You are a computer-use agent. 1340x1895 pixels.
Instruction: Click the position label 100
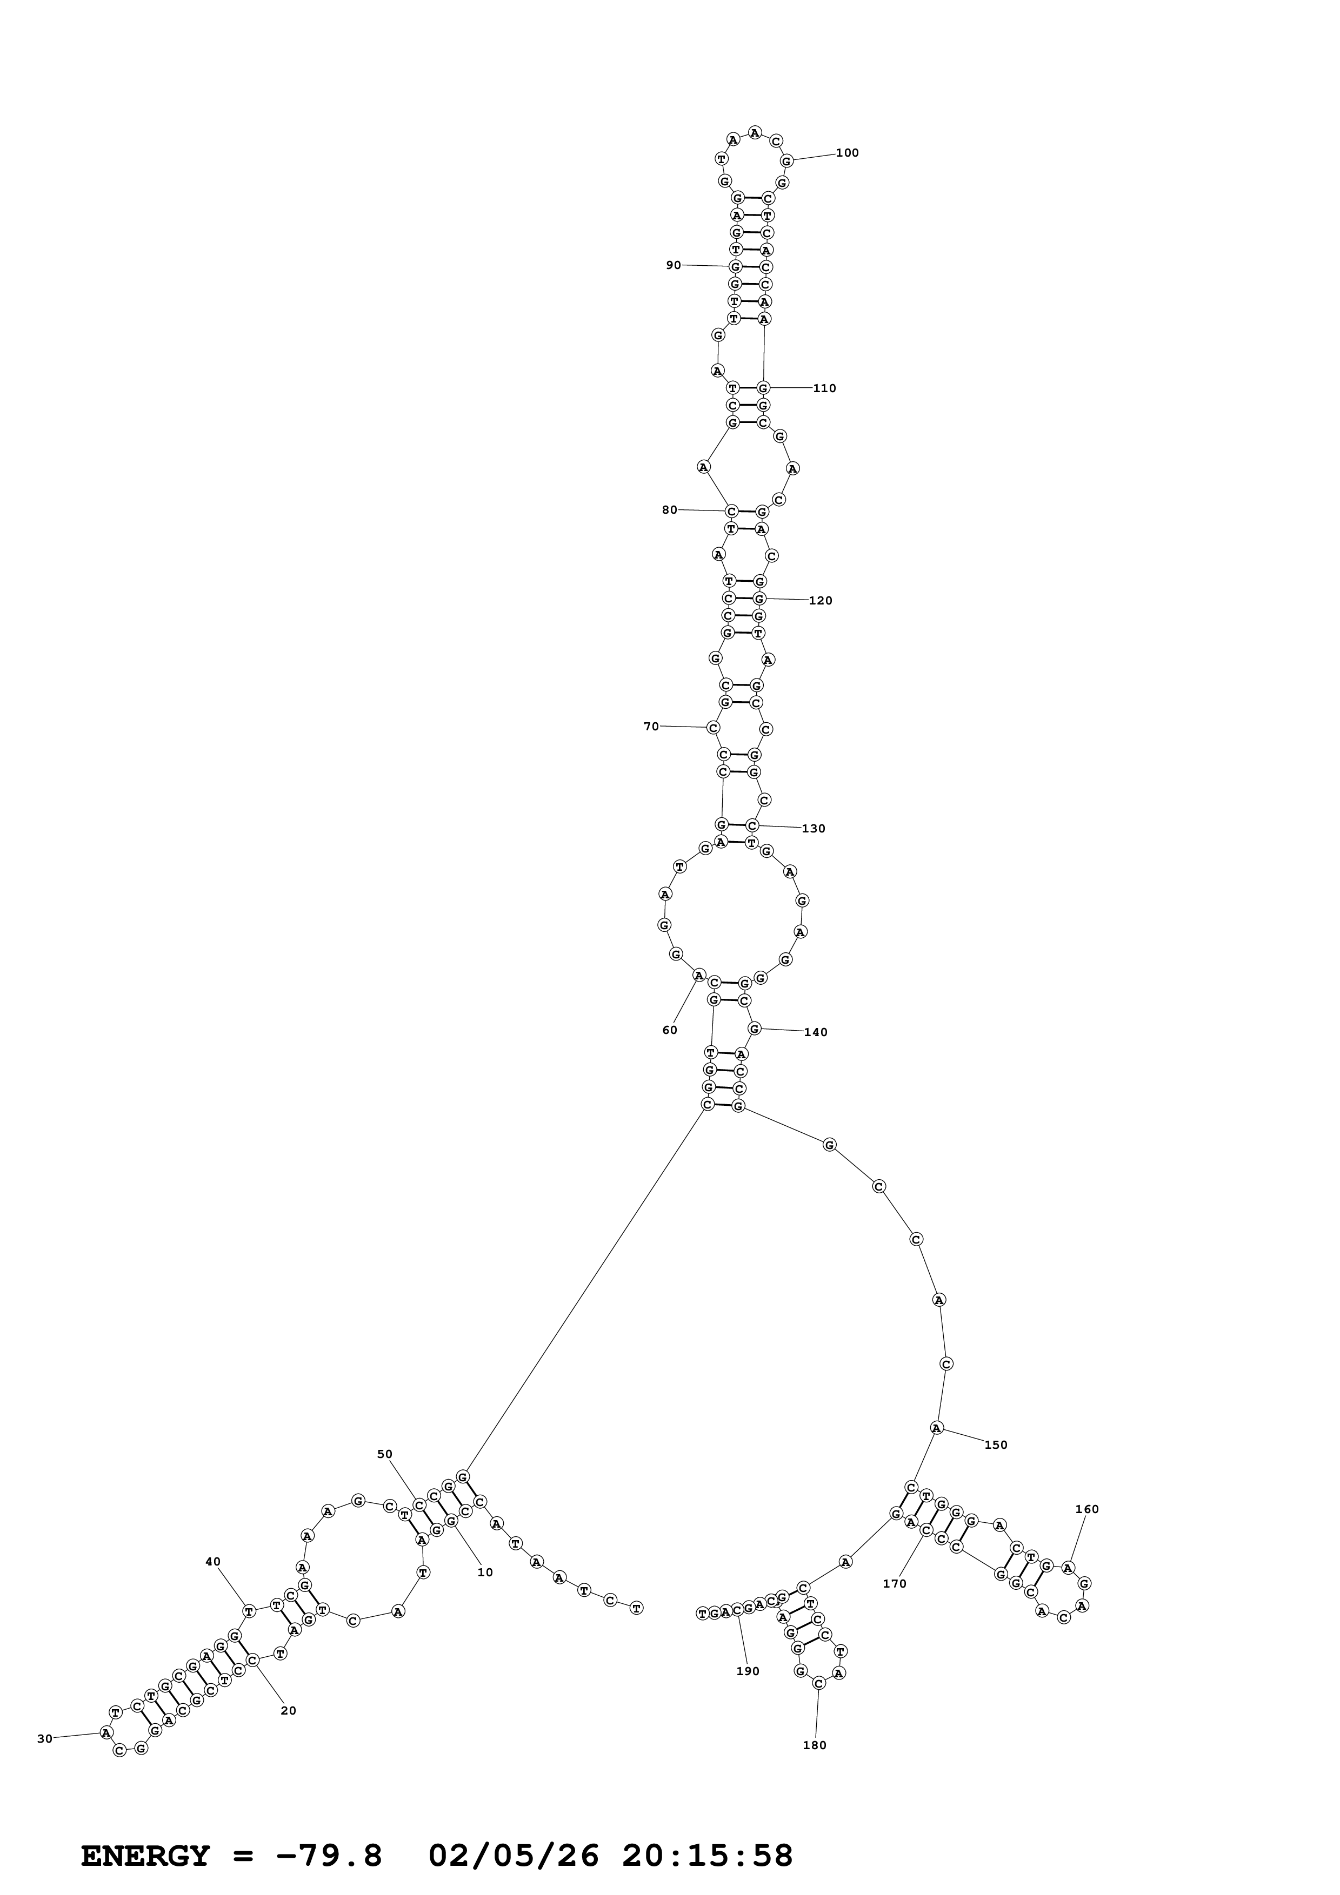pyautogui.click(x=847, y=153)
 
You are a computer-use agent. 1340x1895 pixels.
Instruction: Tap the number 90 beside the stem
pyautogui.click(x=674, y=265)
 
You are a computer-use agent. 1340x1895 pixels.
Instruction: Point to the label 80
pyautogui.click(x=670, y=509)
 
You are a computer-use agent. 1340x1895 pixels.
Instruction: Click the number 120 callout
pyautogui.click(x=820, y=600)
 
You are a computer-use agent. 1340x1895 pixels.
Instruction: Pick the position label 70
pyautogui.click(x=651, y=727)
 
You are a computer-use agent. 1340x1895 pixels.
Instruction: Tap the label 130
pyautogui.click(x=814, y=829)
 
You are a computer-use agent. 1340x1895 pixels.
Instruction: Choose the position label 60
pyautogui.click(x=670, y=1030)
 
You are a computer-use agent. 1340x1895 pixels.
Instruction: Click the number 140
pyautogui.click(x=816, y=1032)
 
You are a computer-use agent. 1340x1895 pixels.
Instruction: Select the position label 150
pyautogui.click(x=996, y=1445)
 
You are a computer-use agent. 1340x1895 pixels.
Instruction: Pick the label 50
pyautogui.click(x=385, y=1454)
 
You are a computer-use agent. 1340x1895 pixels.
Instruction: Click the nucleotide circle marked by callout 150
pyautogui.click(x=936, y=1427)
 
